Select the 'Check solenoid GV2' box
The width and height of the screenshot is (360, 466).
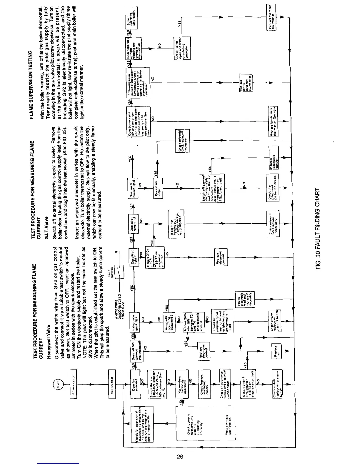coord(182,140)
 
